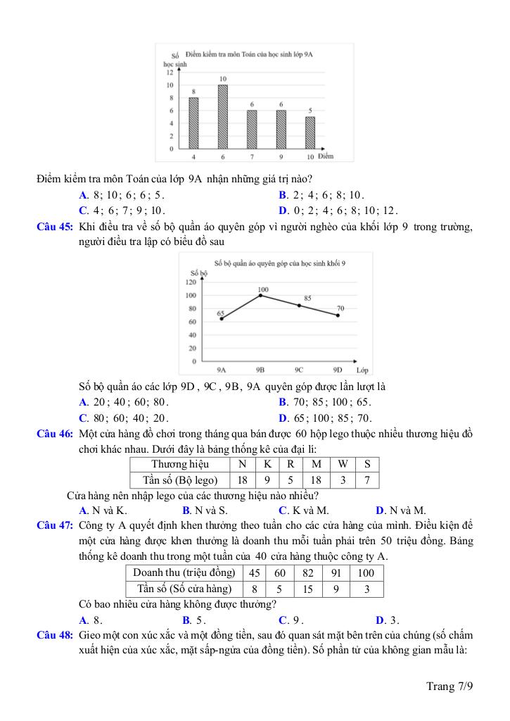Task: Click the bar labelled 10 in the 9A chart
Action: [222, 117]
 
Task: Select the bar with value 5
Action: [310, 132]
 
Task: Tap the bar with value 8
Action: [193, 123]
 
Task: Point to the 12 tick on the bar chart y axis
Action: [170, 72]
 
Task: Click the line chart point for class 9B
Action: [261, 295]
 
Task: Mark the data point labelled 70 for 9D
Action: [338, 315]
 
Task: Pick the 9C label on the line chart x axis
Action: [299, 370]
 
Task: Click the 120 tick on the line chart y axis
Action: [191, 282]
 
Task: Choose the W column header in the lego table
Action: [342, 464]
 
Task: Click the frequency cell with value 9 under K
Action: [268, 480]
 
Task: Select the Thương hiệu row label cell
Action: [180, 464]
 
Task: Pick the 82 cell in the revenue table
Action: [307, 572]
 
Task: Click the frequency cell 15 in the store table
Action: [307, 589]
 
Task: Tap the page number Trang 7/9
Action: [450, 686]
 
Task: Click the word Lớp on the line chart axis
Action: [362, 370]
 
